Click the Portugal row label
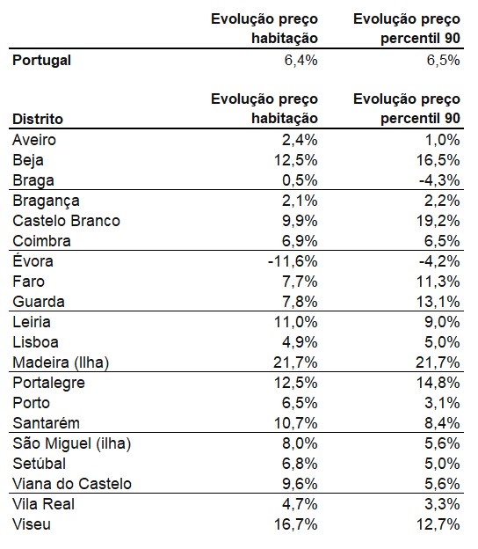point(41,61)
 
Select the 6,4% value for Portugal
point(301,61)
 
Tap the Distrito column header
point(38,119)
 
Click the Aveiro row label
point(34,140)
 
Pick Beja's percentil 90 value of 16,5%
point(438,160)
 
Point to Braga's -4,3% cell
point(439,180)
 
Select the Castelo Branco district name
point(67,221)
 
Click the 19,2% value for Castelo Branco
point(438,221)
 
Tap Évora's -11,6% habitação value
point(293,261)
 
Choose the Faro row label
point(29,282)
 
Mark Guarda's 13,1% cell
point(438,302)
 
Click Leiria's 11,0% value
point(296,322)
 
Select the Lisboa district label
point(36,342)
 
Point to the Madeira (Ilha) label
point(61,362)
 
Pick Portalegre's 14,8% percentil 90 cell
point(438,383)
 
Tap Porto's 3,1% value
point(442,403)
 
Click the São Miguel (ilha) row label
point(72,443)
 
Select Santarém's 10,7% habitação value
point(296,423)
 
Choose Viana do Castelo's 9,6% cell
point(300,484)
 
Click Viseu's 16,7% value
point(296,524)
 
